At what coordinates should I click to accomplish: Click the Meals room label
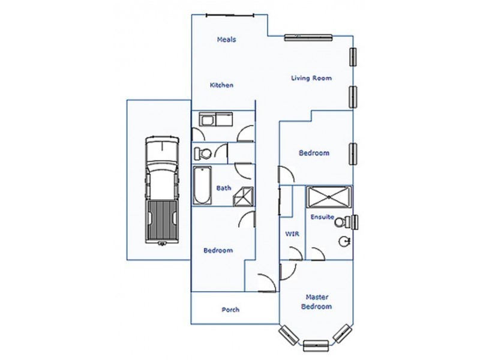[x=226, y=40]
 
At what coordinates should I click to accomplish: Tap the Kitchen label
[x=221, y=85]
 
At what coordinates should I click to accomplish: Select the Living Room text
[x=311, y=78]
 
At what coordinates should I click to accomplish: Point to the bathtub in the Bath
[x=201, y=186]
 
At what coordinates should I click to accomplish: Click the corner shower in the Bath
[x=244, y=196]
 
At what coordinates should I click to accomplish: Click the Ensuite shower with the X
[x=329, y=196]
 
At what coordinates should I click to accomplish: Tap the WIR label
[x=292, y=234]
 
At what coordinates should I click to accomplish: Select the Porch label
[x=230, y=310]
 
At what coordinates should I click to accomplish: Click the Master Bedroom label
[x=319, y=301]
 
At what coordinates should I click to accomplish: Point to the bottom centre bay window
[x=316, y=346]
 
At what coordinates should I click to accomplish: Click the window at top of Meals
[x=233, y=16]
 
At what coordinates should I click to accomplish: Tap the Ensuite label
[x=322, y=217]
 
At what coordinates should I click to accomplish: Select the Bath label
[x=224, y=188]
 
